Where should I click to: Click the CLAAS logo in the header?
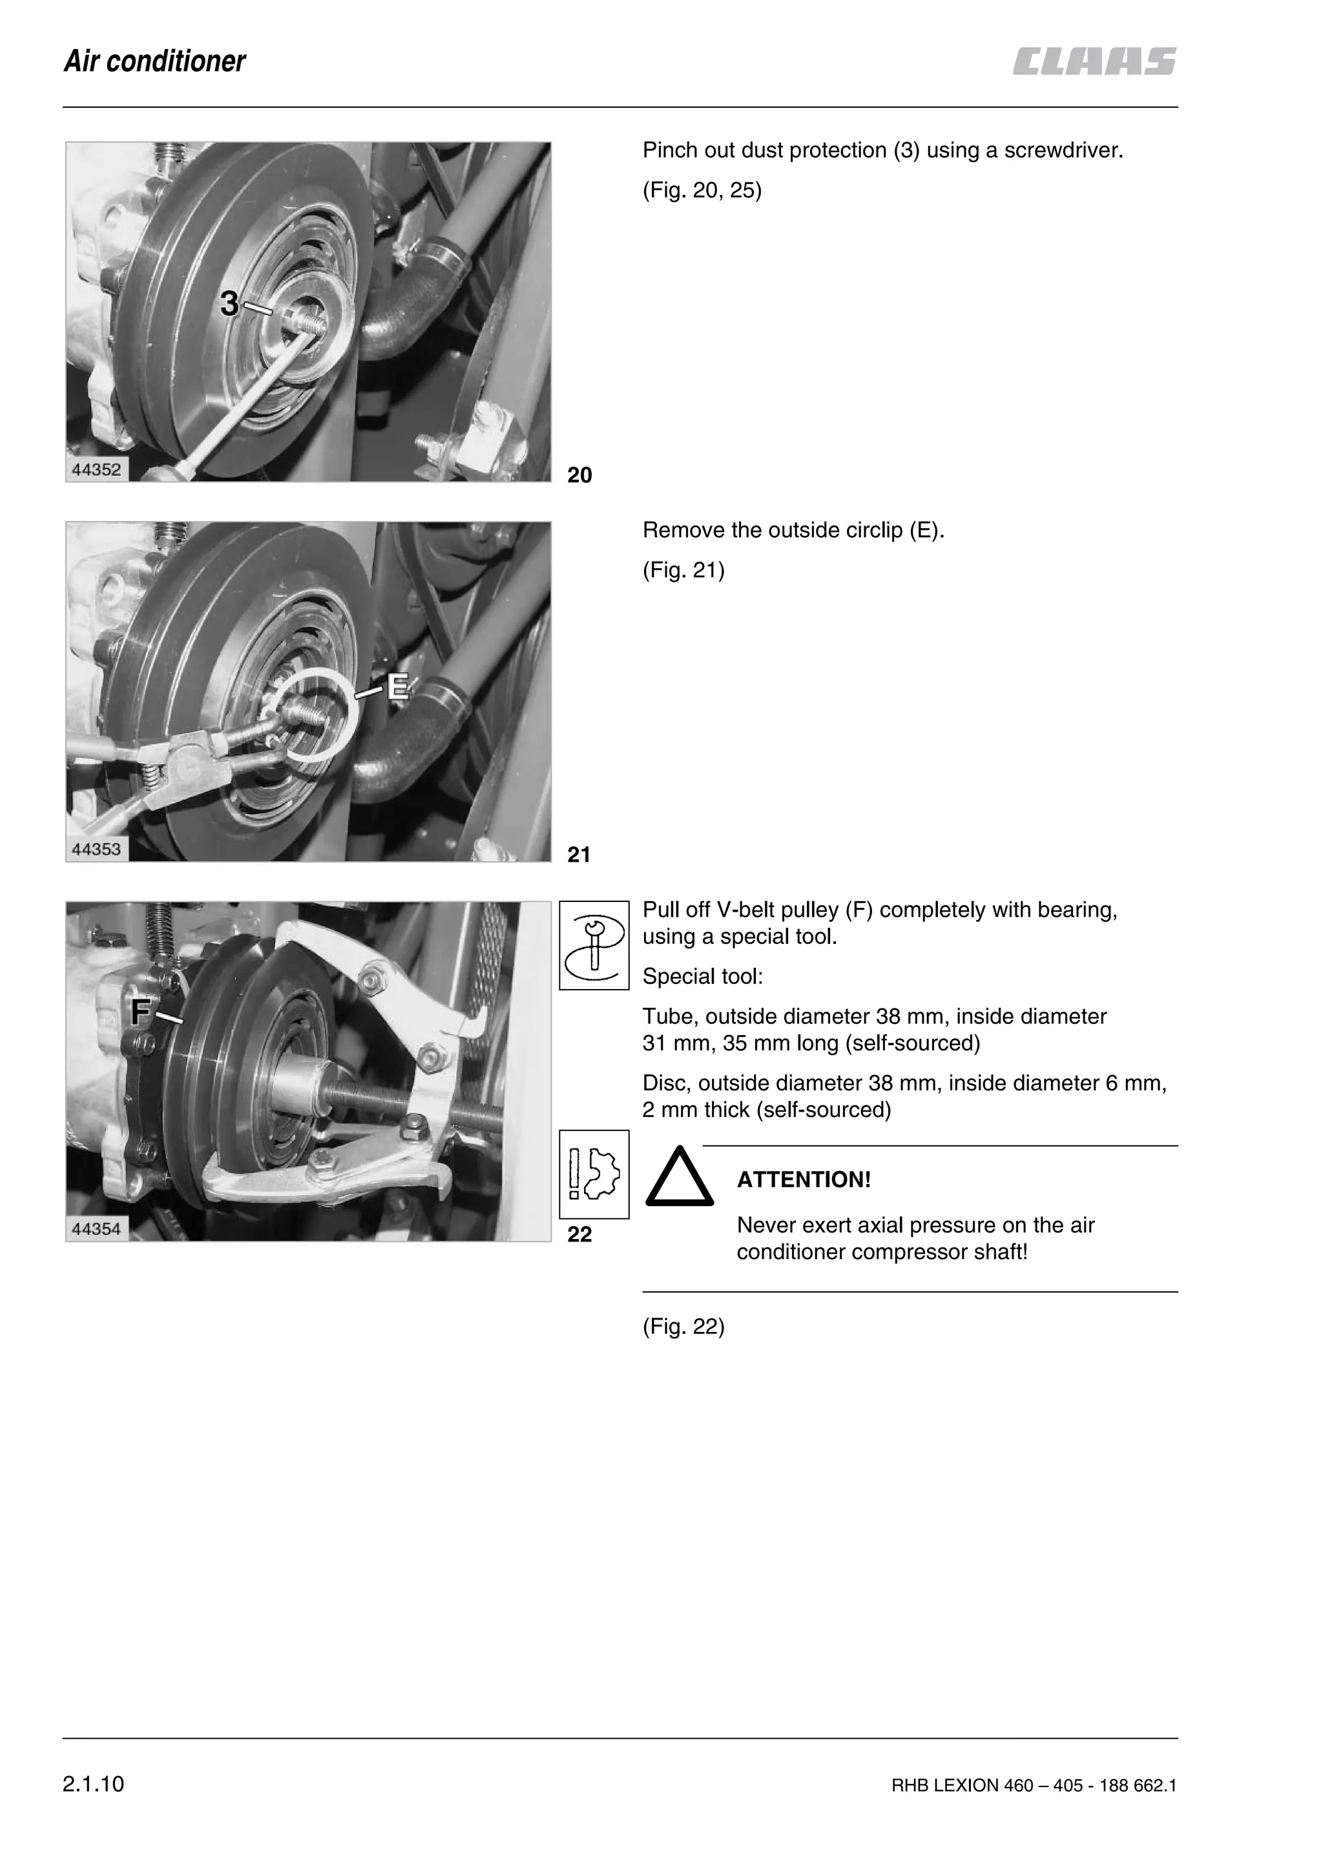[1094, 62]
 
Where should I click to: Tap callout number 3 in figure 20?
[229, 304]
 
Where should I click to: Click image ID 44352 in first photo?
[96, 470]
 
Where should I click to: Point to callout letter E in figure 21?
[397, 686]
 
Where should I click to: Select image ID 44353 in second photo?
[96, 850]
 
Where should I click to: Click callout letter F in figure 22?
[141, 1012]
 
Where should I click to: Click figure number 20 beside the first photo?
[579, 475]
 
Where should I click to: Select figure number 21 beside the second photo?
[579, 855]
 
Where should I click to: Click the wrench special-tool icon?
[594, 945]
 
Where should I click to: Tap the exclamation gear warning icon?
[594, 1174]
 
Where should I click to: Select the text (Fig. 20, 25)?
[702, 190]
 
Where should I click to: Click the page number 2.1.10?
[93, 1784]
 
